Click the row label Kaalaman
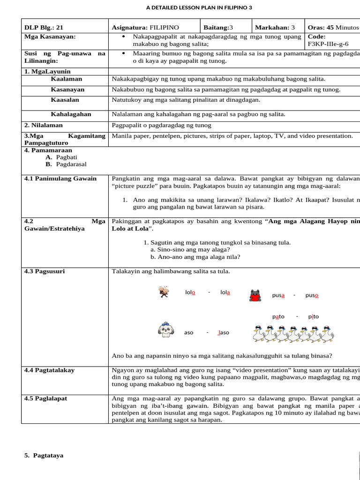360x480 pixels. [66, 79]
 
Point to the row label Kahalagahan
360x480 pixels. [71, 114]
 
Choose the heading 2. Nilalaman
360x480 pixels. [43, 125]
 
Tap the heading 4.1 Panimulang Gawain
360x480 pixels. [60, 179]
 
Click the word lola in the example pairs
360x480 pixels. [225, 292]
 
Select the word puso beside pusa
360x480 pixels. [312, 295]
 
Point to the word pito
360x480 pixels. [313, 316]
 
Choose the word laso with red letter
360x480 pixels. [224, 332]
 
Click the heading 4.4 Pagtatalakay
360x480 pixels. [49, 370]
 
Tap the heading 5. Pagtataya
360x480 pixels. [44, 455]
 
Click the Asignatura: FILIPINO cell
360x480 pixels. [145, 28]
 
